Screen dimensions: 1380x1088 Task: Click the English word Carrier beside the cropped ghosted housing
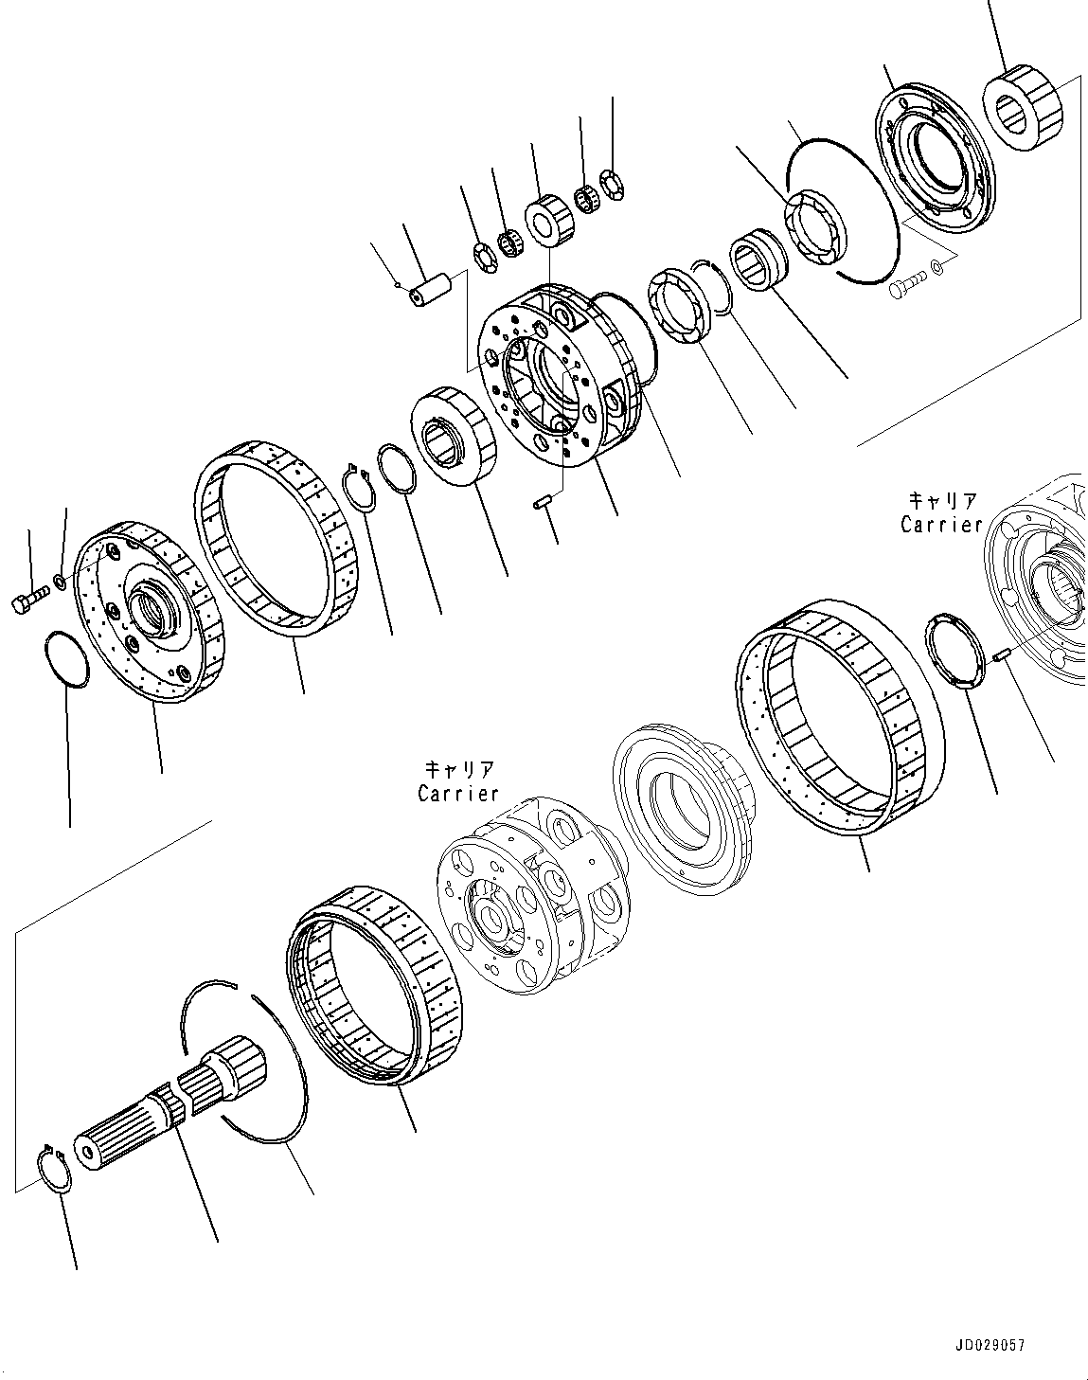[941, 524]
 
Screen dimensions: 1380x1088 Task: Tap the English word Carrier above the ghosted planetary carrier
[458, 793]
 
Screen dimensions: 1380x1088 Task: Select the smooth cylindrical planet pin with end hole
[429, 288]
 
